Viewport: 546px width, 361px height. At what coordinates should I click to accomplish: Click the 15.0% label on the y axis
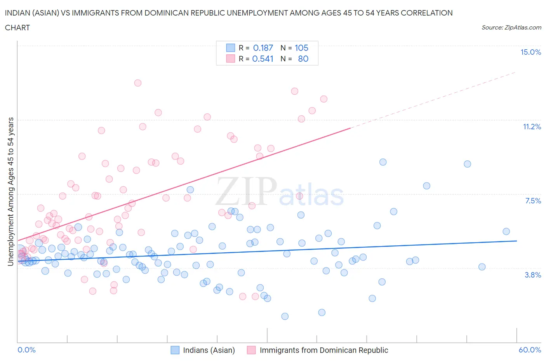coord(530,52)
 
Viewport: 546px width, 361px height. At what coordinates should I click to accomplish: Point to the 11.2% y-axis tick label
coord(532,127)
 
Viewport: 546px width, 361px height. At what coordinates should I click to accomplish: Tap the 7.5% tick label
coord(533,201)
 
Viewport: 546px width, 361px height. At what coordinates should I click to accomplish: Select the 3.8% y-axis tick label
coord(533,275)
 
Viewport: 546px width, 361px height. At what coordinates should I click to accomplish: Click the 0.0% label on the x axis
coord(26,350)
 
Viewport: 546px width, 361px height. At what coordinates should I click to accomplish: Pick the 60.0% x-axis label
coord(530,350)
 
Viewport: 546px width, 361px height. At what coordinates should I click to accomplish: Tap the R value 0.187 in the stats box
coord(263,48)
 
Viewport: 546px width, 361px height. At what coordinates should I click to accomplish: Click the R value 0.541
coord(263,59)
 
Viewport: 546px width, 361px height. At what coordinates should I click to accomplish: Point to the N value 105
coord(301,48)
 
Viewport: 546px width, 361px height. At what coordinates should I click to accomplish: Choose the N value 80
coord(303,59)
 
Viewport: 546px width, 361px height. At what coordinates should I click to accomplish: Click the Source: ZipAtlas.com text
coord(511,27)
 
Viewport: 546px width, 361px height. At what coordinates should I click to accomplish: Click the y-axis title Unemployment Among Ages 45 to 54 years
coord(10,191)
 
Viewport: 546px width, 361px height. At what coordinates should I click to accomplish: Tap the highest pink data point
coord(137,83)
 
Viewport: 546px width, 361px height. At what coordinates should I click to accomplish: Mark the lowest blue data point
coord(285,316)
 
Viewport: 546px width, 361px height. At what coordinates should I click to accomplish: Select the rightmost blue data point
coord(506,231)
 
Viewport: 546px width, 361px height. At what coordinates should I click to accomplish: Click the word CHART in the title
coord(17,28)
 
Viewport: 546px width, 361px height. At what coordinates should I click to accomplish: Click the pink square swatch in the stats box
coord(231,59)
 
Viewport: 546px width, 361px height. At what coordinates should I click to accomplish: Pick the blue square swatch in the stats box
coord(231,48)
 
